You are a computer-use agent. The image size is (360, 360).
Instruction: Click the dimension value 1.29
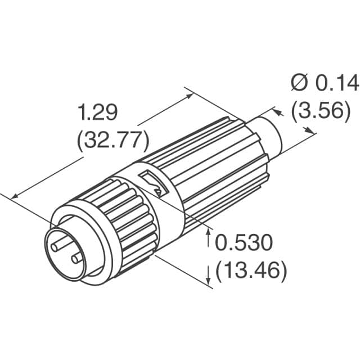97,113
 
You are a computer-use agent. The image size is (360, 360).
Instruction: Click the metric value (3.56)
317,110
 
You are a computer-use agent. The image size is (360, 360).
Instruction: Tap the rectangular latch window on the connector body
152,183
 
